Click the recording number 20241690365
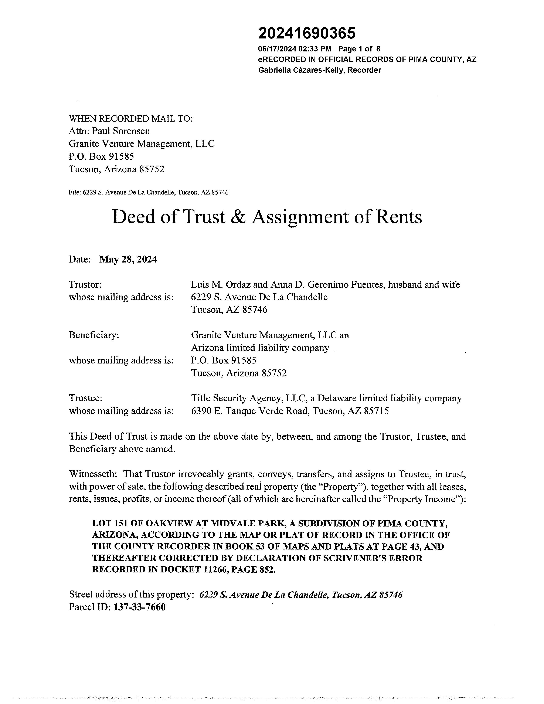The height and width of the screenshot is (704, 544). (x=307, y=33)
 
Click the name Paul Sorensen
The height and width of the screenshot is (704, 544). (x=121, y=131)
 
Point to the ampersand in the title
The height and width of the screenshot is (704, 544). (x=238, y=217)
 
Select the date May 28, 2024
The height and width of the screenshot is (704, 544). (x=128, y=260)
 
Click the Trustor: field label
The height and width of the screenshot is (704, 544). (x=85, y=285)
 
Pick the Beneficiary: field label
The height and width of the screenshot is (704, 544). (x=94, y=335)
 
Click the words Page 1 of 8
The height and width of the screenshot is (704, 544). (x=359, y=49)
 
